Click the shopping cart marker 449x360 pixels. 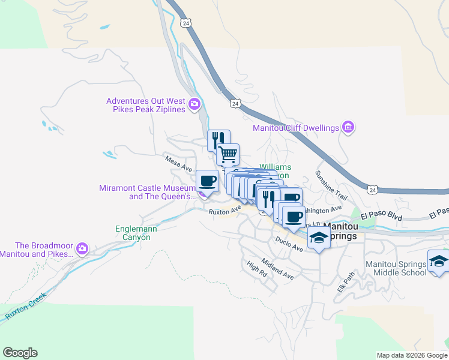click(228, 155)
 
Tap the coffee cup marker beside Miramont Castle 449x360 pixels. click(208, 181)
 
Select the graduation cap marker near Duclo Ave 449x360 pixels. click(319, 239)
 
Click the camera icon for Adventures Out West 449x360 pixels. click(194, 105)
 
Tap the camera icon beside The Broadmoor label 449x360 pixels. click(82, 248)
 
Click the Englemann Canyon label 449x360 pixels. click(133, 233)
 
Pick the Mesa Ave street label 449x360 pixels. click(178, 161)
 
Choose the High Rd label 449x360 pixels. click(257, 268)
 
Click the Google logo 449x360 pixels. click(20, 353)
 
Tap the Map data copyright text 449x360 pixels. click(411, 355)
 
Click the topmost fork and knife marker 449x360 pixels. click(218, 140)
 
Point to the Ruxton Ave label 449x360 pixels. click(224, 210)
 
